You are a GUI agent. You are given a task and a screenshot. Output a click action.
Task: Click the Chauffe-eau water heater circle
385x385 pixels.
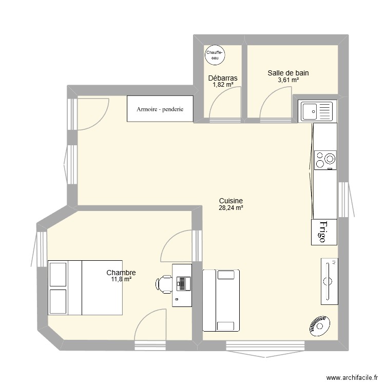click(215, 55)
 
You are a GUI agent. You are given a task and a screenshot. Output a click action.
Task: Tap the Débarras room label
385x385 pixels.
click(223, 78)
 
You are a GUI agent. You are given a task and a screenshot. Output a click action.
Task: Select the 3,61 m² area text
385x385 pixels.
click(288, 80)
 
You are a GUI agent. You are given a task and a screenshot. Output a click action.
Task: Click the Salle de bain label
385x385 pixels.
click(288, 73)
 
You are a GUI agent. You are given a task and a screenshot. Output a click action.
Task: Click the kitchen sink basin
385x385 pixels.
click(311, 110)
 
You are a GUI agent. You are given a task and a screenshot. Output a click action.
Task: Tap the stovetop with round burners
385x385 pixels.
click(325, 160)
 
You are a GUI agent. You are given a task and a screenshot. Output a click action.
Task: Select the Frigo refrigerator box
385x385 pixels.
click(324, 232)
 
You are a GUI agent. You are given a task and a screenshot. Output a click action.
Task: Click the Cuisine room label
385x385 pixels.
click(230, 201)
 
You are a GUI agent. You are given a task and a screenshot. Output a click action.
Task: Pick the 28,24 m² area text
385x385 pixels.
click(230, 208)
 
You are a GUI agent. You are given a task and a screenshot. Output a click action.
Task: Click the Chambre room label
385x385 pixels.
click(121, 273)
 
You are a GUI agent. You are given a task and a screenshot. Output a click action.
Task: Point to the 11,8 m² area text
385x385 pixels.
click(121, 279)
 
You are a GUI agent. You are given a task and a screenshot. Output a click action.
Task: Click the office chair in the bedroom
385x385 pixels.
click(165, 283)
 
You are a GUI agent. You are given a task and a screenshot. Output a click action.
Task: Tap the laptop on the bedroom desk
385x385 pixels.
click(183, 282)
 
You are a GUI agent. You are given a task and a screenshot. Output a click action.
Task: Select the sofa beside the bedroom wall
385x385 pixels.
click(221, 300)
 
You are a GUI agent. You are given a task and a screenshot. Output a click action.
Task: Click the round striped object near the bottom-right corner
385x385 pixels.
click(319, 326)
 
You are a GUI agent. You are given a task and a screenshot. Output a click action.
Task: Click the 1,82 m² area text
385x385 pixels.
click(223, 85)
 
